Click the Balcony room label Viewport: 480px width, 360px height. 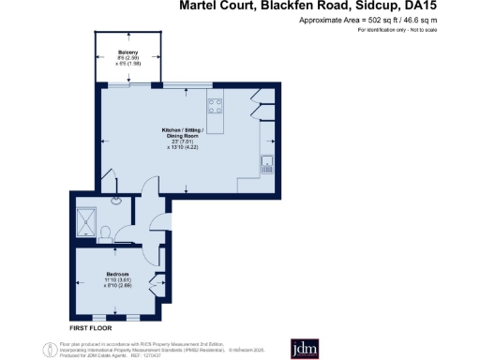click(127, 51)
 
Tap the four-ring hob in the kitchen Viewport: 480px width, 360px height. click(214, 105)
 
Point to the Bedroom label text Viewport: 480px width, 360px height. click(116, 273)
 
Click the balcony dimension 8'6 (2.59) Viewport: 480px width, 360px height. click(127, 57)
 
